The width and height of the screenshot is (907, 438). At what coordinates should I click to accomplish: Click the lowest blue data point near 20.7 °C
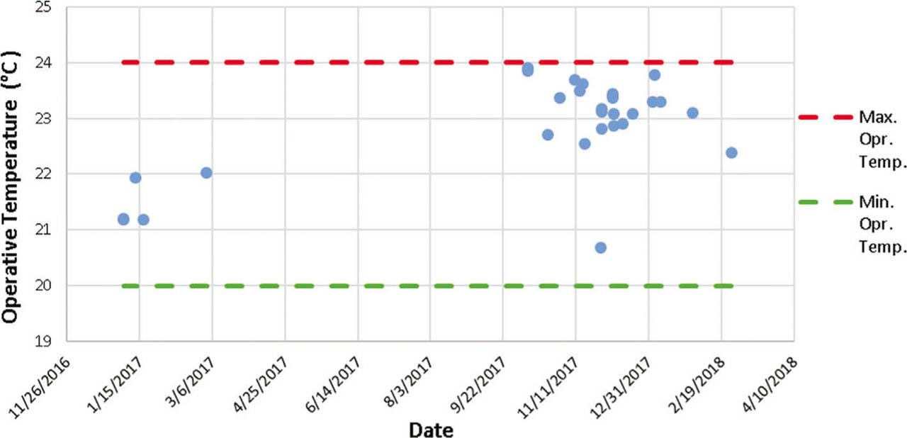pos(600,247)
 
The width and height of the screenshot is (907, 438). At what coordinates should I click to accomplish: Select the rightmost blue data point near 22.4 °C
pos(731,152)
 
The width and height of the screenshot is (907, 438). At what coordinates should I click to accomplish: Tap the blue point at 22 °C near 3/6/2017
pos(206,172)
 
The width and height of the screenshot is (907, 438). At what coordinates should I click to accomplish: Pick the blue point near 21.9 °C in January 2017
pos(135,177)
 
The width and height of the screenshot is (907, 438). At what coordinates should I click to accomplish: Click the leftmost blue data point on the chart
pos(123,219)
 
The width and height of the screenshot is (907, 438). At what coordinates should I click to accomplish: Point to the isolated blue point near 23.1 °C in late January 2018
pos(692,113)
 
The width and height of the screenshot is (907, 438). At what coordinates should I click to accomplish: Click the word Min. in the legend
pos(874,202)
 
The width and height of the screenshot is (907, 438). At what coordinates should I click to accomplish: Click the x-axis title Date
pos(430,429)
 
